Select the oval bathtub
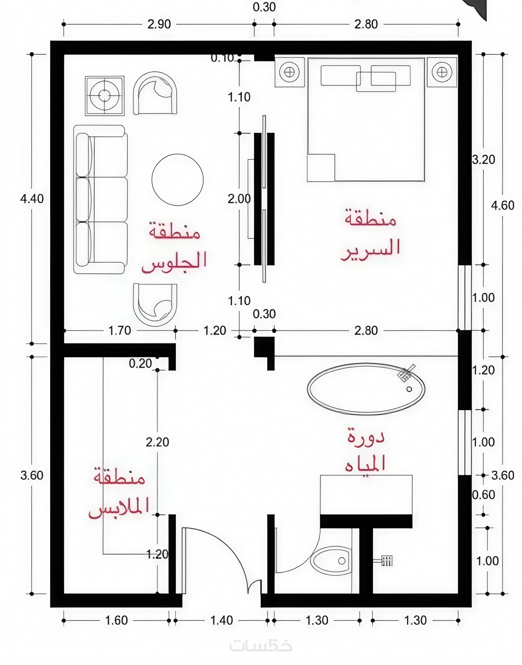[366, 389]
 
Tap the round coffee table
[178, 180]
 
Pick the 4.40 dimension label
[32, 199]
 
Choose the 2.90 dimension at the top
[159, 24]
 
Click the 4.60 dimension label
[502, 205]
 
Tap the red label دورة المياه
[365, 451]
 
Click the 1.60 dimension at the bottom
[116, 620]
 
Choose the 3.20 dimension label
[484, 160]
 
